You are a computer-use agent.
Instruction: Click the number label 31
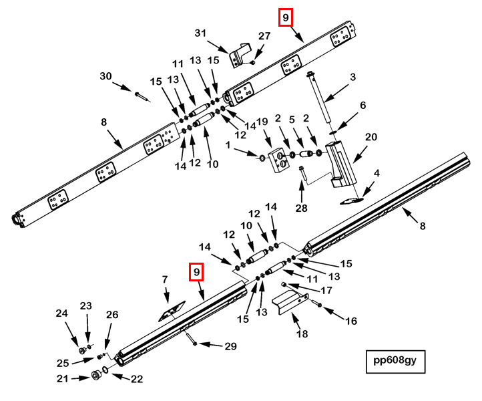point(202,33)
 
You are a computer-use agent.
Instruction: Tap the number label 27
point(264,36)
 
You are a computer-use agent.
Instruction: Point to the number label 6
point(363,106)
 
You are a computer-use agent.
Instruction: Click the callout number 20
point(371,137)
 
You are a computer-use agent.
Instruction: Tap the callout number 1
point(228,144)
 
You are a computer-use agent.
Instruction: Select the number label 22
point(136,379)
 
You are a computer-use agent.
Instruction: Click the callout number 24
point(62,313)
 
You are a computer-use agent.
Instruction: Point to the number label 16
point(350,321)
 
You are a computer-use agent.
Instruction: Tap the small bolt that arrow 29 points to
point(192,342)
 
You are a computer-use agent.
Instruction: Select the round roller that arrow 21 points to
point(96,377)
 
